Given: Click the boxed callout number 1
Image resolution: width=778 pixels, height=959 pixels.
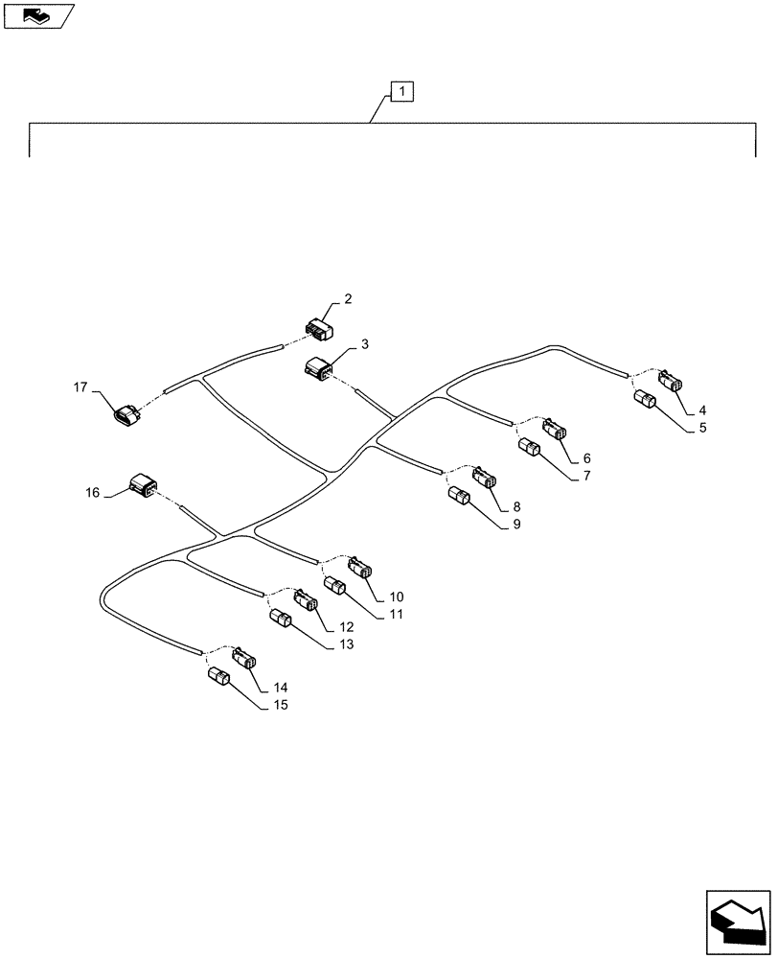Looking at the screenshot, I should click(402, 92).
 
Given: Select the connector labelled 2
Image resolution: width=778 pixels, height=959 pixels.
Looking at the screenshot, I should click(316, 330).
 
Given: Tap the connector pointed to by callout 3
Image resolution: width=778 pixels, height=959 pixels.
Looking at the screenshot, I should click(318, 367).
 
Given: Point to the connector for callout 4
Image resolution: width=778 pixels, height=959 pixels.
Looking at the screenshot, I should click(670, 381).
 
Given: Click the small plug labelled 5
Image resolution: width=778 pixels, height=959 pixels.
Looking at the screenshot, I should click(644, 402).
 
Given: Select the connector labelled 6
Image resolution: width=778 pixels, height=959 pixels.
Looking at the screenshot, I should click(556, 433).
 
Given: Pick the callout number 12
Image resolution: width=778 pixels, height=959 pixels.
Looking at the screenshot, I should click(332, 627).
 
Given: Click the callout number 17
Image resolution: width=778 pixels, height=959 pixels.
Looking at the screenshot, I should click(80, 387).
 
